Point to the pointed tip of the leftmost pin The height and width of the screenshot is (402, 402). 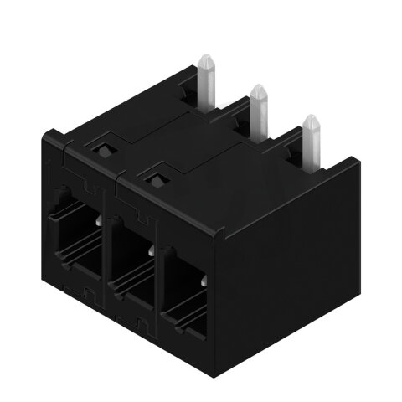(x=206, y=56)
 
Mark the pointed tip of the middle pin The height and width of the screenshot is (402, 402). (x=258, y=87)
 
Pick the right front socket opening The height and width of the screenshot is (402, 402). (x=186, y=286)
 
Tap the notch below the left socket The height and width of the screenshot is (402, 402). (x=89, y=293)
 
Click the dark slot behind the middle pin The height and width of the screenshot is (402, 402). (x=244, y=126)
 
